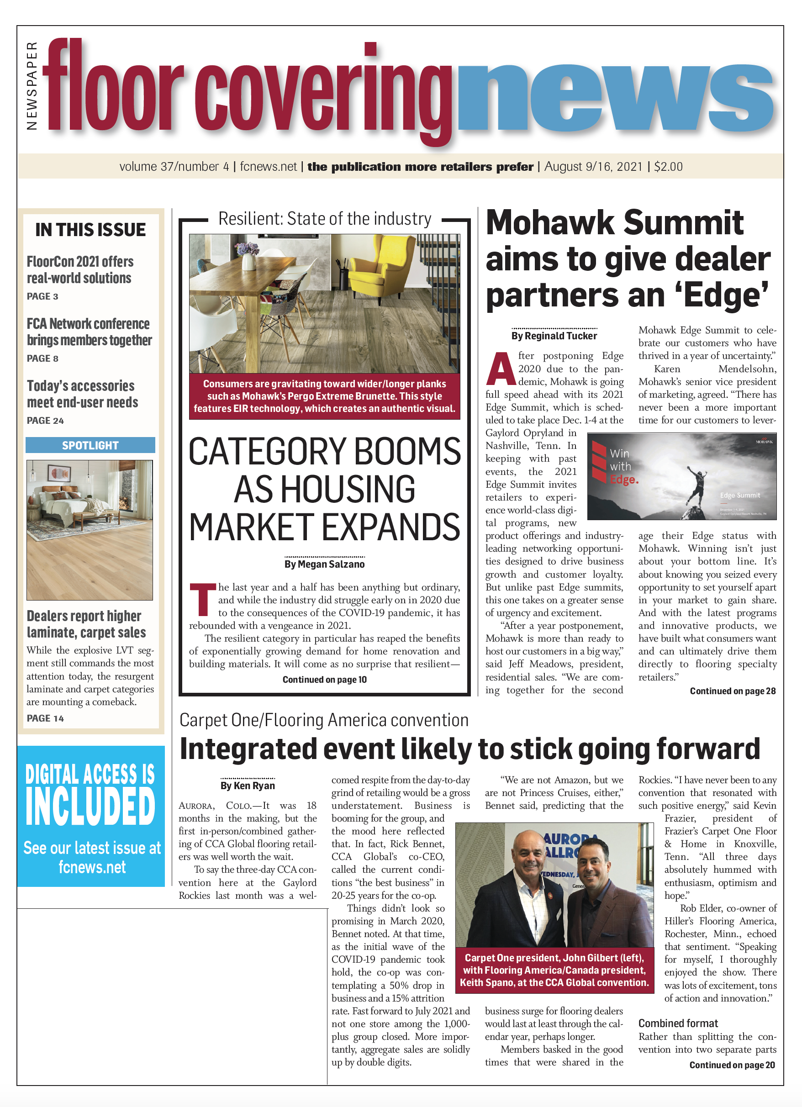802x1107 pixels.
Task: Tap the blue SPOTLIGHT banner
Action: (x=90, y=445)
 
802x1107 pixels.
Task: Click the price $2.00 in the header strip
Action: (x=668, y=167)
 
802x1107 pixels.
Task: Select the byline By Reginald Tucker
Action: (x=554, y=336)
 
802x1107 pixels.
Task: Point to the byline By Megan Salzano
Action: (x=324, y=564)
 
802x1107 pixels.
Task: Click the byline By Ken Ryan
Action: (x=248, y=785)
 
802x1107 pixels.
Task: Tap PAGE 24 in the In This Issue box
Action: (x=45, y=420)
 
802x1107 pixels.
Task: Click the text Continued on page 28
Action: (x=732, y=691)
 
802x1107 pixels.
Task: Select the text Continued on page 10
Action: (x=324, y=680)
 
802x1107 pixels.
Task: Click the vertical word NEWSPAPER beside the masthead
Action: (x=32, y=86)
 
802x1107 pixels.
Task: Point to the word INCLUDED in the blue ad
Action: (x=90, y=807)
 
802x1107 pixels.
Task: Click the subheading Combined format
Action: (x=678, y=1023)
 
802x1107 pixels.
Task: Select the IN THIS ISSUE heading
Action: (x=90, y=230)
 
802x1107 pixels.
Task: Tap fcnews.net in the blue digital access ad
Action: (x=92, y=867)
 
